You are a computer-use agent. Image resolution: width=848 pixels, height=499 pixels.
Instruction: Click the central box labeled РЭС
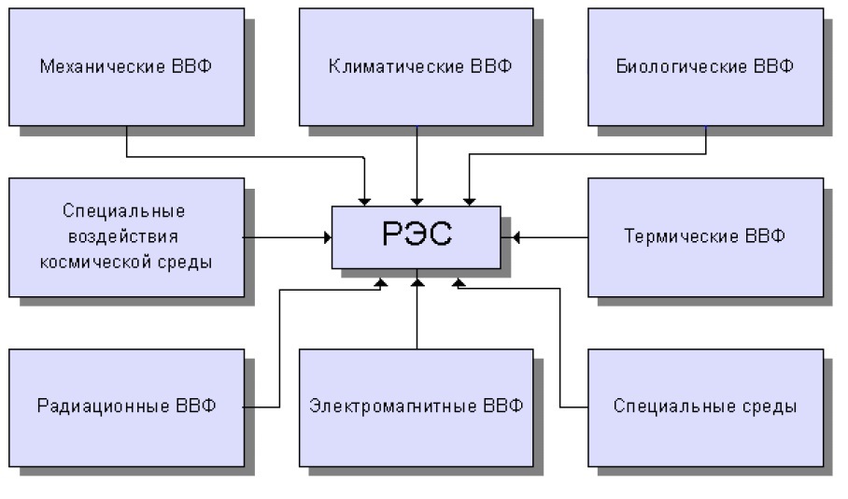(x=417, y=236)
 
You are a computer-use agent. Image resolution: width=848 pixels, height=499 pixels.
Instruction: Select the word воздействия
(x=125, y=236)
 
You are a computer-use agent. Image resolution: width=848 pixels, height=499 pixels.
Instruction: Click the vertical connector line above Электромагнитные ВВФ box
(x=417, y=318)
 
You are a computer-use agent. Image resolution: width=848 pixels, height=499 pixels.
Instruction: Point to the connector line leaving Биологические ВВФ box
(x=588, y=154)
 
